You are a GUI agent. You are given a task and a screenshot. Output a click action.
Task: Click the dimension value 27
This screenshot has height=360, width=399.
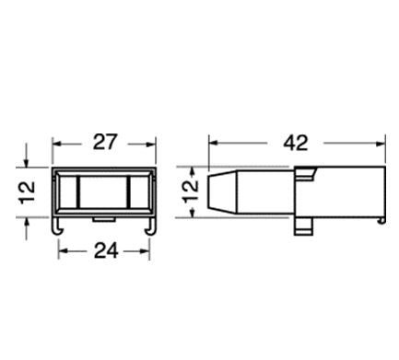105,142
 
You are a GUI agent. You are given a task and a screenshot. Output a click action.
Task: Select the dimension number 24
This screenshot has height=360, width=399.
106,250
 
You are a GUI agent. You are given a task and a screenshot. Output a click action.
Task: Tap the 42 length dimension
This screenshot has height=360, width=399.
296,143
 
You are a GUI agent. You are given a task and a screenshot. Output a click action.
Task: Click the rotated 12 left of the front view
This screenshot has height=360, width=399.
28,192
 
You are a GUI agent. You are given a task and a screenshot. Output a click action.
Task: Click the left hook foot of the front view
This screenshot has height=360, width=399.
58,226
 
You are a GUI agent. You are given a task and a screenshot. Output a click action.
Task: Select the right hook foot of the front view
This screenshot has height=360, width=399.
150,226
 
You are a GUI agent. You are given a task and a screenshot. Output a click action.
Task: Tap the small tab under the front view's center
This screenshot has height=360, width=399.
104,219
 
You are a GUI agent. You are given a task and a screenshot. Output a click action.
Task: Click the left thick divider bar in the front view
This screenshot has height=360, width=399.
78,192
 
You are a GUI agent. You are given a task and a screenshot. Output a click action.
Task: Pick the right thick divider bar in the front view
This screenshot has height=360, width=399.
128,192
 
